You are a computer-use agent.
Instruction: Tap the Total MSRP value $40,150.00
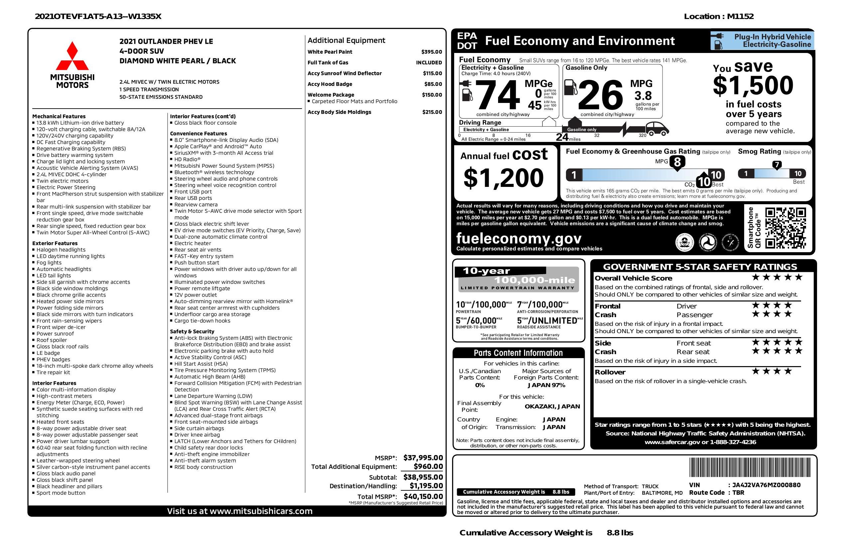[423, 496]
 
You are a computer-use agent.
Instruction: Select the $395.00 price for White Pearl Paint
[431, 52]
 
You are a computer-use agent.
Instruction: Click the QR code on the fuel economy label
[785, 228]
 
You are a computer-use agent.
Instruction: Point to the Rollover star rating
[772, 371]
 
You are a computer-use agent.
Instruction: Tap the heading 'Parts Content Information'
[518, 353]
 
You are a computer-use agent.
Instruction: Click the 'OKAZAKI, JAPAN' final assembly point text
[552, 406]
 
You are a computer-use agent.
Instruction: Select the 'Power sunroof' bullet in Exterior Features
[55, 334]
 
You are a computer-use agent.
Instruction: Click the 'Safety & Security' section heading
[192, 331]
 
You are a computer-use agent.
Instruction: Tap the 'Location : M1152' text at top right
[718, 16]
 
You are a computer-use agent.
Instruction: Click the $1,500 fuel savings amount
[753, 86]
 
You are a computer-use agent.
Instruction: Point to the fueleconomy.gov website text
[519, 238]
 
